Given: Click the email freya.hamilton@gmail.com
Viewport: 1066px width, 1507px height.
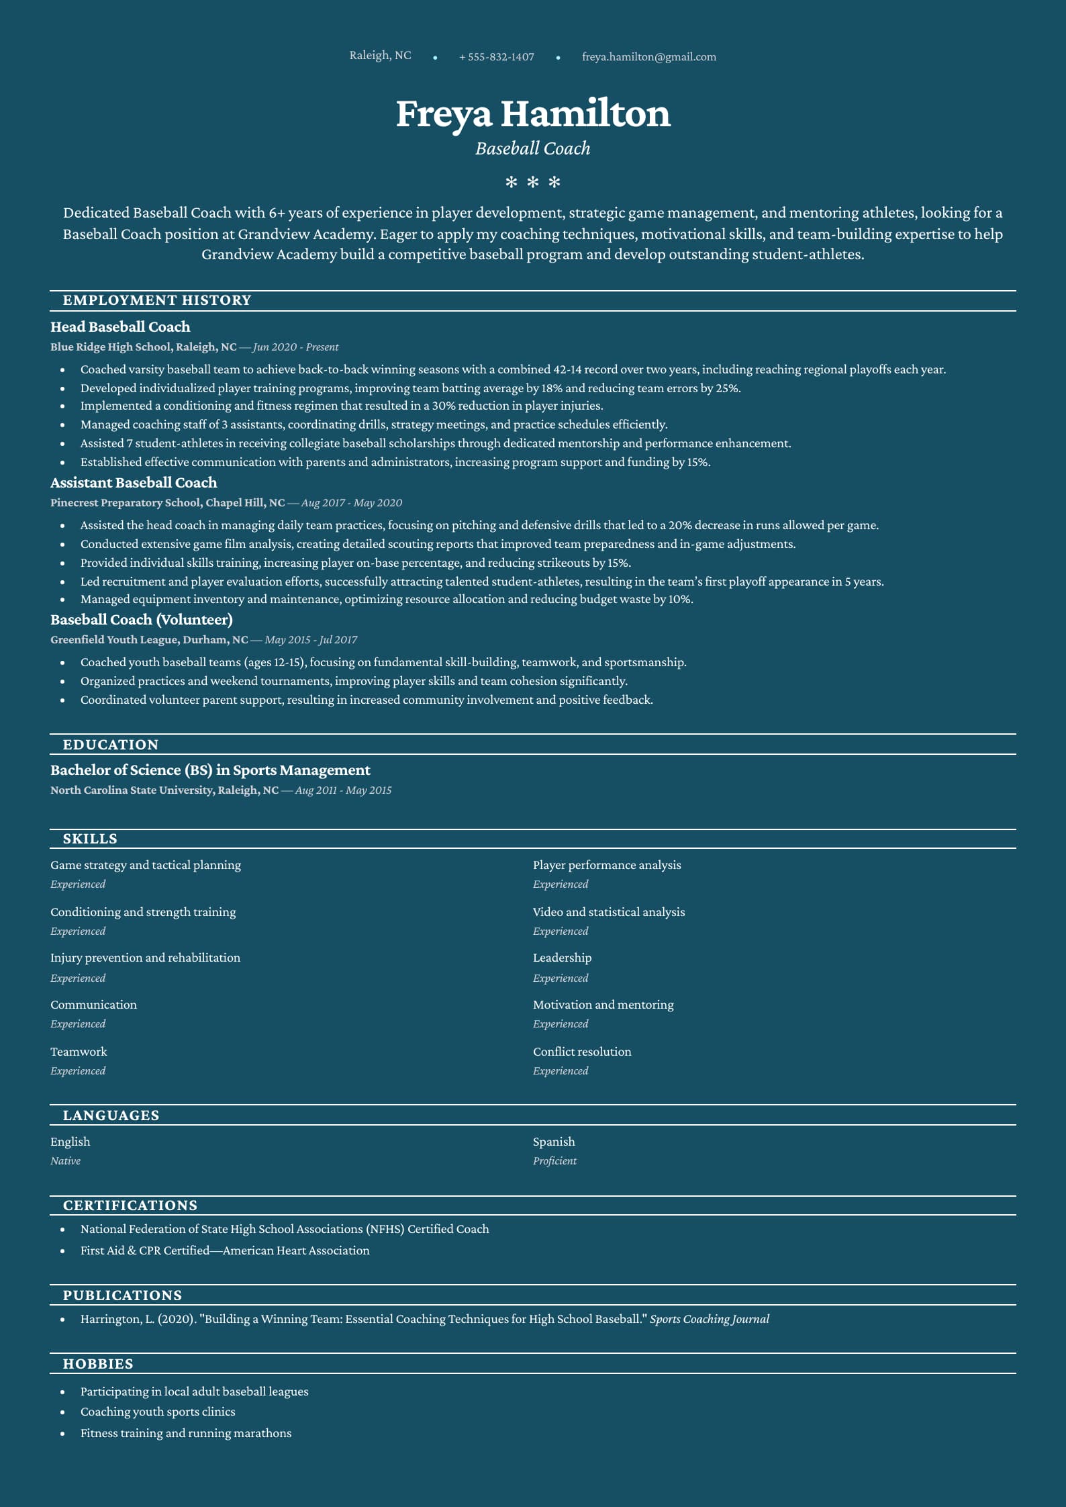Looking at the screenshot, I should tap(648, 57).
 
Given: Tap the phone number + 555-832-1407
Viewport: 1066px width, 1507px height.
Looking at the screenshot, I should tap(497, 57).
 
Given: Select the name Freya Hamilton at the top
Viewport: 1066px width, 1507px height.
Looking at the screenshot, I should tap(533, 113).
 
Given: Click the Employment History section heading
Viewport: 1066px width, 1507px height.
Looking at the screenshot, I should tap(157, 300).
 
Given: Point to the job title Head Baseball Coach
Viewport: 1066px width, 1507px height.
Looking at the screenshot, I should tap(120, 327).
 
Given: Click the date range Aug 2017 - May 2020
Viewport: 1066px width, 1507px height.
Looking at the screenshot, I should tap(351, 503).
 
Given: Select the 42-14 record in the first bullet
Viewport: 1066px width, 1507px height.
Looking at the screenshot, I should tap(568, 369).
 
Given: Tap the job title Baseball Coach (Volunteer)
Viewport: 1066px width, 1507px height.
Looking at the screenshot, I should tap(142, 620).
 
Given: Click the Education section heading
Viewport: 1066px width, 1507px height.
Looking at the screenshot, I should tap(111, 745).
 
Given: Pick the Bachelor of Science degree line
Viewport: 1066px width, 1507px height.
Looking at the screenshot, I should tap(210, 770).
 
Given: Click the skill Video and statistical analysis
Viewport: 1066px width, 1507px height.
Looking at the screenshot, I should tap(609, 912).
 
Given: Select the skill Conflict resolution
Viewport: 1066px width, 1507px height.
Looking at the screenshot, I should tap(582, 1052).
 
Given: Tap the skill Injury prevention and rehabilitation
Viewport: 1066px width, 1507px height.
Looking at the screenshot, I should tap(145, 958).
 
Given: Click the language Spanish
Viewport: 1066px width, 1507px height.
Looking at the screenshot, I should tap(554, 1142).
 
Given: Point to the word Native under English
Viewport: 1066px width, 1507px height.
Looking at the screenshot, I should tap(65, 1161).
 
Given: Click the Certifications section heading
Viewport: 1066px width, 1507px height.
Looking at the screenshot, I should tap(130, 1205).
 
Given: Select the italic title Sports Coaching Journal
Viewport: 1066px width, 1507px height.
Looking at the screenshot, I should tap(710, 1319).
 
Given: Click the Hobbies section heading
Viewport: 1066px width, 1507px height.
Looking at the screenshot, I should tap(98, 1364).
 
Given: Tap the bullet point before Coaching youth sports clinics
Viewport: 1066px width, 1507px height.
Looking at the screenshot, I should tap(62, 1412).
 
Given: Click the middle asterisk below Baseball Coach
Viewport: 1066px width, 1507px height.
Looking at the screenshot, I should tap(533, 182).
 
